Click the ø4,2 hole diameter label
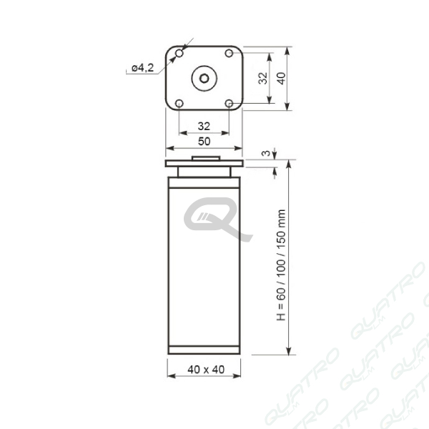pos(143,68)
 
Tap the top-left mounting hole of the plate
pos(179,53)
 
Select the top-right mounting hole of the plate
pos(229,53)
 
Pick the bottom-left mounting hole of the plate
pos(179,104)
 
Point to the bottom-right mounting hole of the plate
pos(229,104)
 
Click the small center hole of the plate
pos(204,79)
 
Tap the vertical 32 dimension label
pos(263,78)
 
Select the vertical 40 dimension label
pos(281,78)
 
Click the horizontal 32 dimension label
pos(204,126)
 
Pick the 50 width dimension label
pos(204,142)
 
